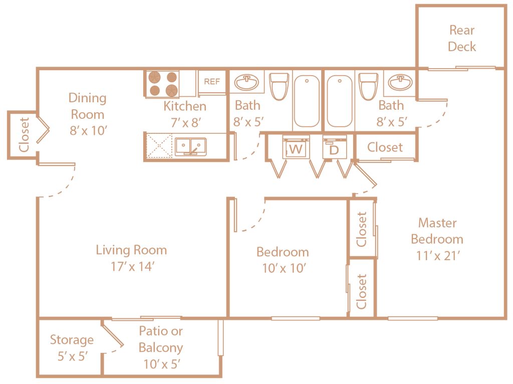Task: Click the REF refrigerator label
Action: (x=212, y=82)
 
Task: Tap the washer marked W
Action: (x=296, y=148)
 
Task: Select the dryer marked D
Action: (x=334, y=148)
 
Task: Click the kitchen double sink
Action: (x=191, y=146)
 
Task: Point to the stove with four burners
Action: (x=163, y=84)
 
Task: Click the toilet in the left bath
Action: (x=279, y=86)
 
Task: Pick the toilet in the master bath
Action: (x=368, y=86)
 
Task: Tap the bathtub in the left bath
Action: (x=307, y=101)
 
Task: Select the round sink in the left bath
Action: (x=246, y=82)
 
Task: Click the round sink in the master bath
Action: (x=400, y=82)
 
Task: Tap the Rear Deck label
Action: (x=461, y=38)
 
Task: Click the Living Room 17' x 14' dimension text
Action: (x=132, y=267)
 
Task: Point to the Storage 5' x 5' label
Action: (x=72, y=348)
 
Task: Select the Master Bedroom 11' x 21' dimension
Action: (x=438, y=256)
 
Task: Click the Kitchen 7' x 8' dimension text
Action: (x=185, y=123)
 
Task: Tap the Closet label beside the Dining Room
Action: (x=24, y=134)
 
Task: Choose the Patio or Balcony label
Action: (x=161, y=339)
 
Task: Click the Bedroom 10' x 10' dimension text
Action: (x=284, y=268)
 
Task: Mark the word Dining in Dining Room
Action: (x=87, y=98)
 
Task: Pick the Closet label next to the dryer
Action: (x=385, y=147)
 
